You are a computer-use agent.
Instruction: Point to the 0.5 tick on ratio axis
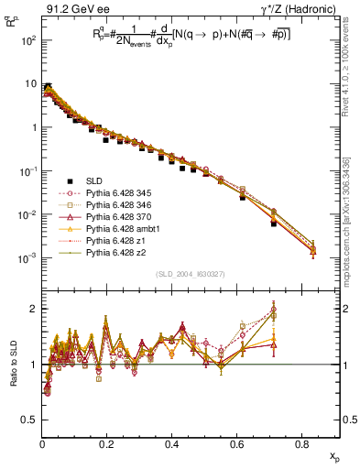(x=29, y=420)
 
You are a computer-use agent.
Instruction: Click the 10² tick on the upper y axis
(x=27, y=41)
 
